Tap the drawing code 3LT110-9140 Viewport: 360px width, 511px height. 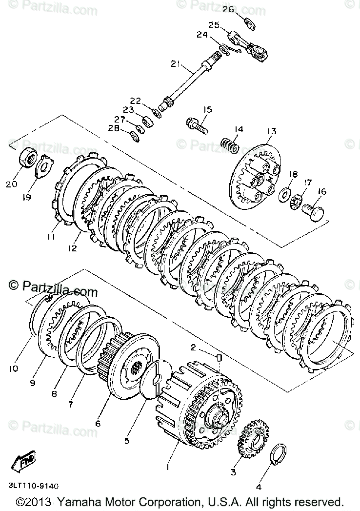[33, 486]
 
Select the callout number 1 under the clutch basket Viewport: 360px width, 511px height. [168, 467]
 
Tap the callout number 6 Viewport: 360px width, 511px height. [98, 424]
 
